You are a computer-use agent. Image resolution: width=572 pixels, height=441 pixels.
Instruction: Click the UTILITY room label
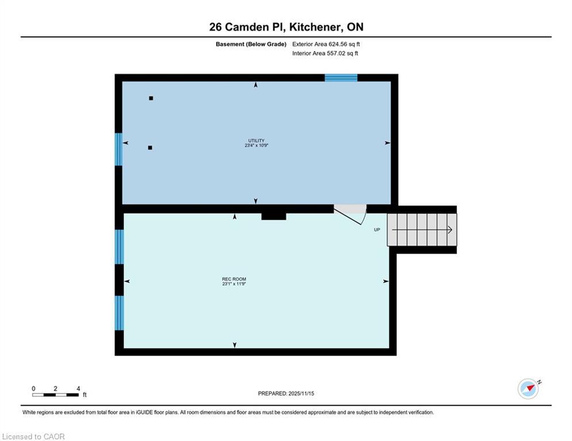click(256, 141)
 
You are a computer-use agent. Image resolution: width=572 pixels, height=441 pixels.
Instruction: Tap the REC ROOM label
click(234, 279)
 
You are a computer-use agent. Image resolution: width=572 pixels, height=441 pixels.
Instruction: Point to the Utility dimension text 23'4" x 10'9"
click(256, 146)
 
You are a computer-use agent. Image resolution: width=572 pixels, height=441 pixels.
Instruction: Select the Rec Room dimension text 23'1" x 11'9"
click(234, 284)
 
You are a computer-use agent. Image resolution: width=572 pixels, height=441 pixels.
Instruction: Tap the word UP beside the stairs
click(377, 230)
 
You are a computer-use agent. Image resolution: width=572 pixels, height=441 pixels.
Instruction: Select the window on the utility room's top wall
click(341, 78)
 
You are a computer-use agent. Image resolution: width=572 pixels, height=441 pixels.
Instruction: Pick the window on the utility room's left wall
click(118, 149)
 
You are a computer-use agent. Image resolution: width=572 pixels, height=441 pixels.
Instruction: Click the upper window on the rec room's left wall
click(119, 247)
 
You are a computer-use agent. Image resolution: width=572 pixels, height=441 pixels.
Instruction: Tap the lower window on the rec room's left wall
click(119, 313)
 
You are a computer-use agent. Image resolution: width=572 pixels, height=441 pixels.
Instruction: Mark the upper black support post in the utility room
click(151, 98)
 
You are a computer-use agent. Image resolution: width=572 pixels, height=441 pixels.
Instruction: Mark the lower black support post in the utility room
click(150, 148)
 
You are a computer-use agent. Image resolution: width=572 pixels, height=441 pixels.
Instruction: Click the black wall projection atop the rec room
click(274, 216)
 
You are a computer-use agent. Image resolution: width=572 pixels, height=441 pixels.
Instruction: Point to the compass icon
click(528, 389)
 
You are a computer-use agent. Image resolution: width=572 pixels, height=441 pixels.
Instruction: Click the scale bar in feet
click(56, 394)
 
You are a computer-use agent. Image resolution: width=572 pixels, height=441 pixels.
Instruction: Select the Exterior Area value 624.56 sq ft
click(327, 44)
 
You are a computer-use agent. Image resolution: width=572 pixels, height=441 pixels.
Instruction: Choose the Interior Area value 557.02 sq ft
click(326, 53)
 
